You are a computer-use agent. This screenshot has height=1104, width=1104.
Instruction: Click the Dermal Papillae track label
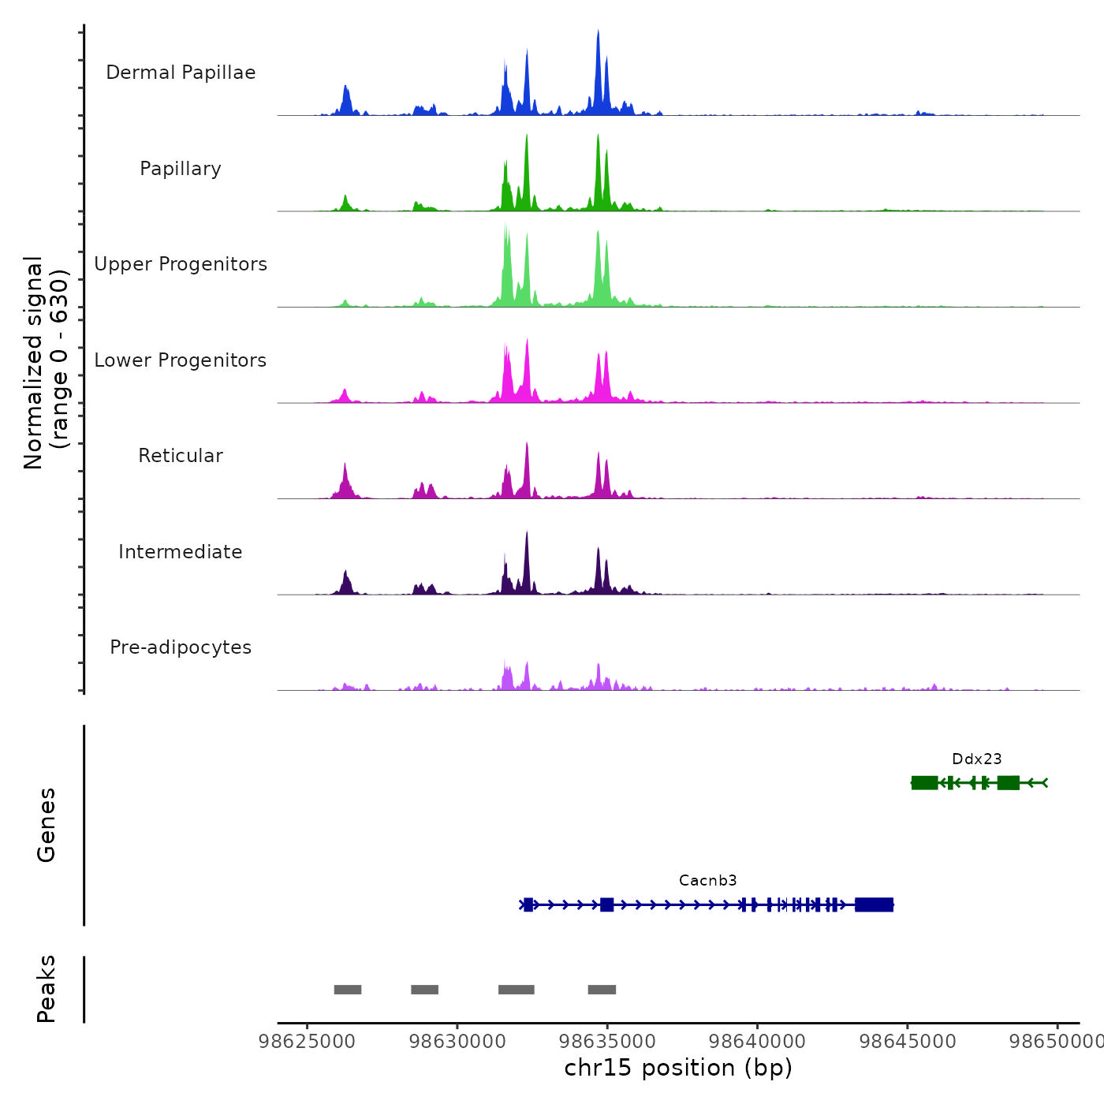181,73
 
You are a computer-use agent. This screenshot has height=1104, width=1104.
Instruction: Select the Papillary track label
181,169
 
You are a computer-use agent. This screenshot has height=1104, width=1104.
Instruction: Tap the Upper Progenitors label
181,264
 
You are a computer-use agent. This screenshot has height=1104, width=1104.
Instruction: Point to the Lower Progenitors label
181,360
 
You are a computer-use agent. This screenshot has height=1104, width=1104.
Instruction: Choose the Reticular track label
181,456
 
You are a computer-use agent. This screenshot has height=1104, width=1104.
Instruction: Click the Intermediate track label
181,552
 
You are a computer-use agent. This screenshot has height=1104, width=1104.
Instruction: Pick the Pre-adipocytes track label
181,647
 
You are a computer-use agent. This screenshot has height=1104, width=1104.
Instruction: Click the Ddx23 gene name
976,759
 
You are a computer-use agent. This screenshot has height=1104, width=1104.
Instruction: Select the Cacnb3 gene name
707,881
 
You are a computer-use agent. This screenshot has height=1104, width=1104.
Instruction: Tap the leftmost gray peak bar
347,990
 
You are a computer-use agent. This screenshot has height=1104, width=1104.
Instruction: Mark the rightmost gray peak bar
602,990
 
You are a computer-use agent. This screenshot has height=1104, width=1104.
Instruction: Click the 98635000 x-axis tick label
607,1042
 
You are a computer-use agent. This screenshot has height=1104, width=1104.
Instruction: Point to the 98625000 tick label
307,1042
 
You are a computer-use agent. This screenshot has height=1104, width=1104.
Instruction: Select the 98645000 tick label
908,1042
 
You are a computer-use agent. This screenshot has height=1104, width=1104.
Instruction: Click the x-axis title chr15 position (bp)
678,1068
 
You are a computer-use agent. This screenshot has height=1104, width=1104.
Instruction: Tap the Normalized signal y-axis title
46,363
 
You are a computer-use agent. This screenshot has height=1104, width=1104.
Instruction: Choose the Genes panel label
46,825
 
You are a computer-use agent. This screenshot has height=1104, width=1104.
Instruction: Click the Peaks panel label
46,989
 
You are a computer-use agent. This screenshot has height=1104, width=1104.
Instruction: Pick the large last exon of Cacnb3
874,904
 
